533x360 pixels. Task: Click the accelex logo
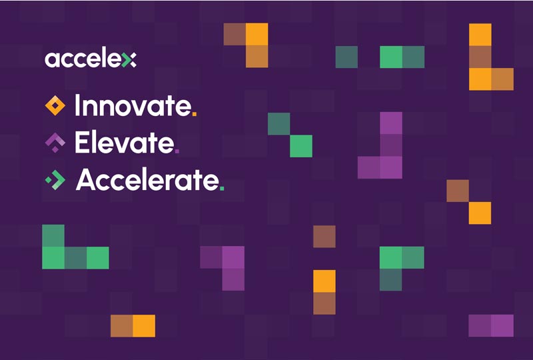tap(90, 59)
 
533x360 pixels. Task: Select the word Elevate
tap(125, 142)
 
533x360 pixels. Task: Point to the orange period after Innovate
tap(194, 114)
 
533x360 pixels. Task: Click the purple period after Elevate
tap(177, 151)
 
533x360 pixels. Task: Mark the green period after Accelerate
tap(222, 187)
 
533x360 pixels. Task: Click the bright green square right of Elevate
tap(301, 145)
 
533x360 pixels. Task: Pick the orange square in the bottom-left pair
tap(144, 325)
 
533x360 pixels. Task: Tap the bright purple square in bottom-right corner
tap(502, 325)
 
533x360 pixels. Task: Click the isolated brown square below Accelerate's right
tap(324, 235)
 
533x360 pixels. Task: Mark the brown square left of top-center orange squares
tap(235, 34)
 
